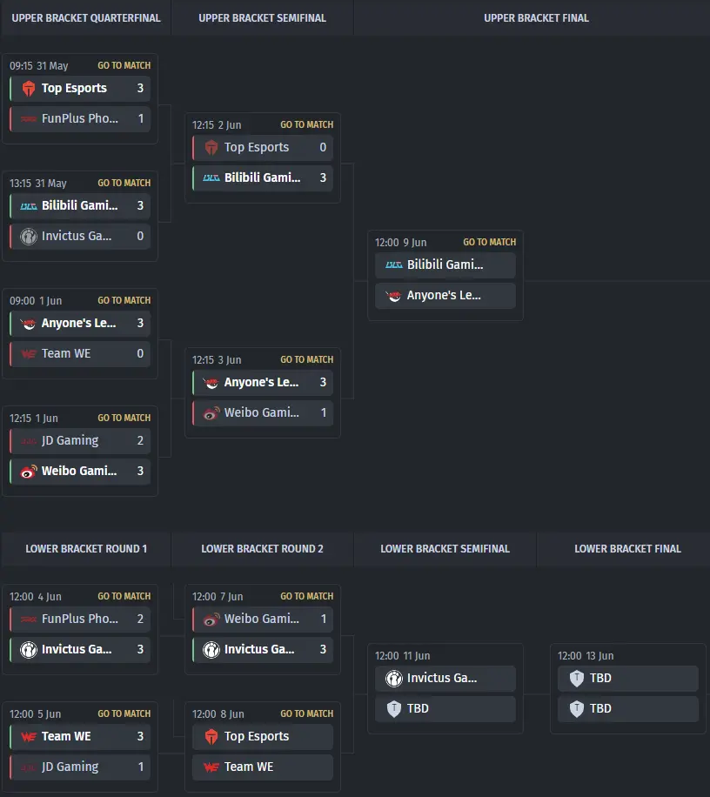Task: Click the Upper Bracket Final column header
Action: (536, 18)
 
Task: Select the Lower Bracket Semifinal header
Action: (445, 549)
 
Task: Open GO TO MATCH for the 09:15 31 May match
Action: (124, 65)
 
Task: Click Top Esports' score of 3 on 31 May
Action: (140, 88)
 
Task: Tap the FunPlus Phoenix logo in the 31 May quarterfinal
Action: (29, 119)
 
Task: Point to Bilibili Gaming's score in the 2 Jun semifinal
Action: (323, 177)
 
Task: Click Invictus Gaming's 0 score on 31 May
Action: (140, 236)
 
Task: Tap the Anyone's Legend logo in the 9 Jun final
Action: (394, 295)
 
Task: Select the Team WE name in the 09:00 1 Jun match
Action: (66, 353)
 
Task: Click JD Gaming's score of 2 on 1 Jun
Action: (140, 440)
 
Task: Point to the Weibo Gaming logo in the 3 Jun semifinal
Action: (211, 412)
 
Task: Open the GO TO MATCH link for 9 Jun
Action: (489, 242)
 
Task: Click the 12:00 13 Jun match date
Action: (586, 656)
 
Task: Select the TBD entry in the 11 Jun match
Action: (418, 708)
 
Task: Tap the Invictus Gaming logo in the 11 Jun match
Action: (394, 679)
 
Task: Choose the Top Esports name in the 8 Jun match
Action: (257, 736)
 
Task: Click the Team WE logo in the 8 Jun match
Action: (211, 767)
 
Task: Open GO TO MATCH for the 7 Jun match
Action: (307, 596)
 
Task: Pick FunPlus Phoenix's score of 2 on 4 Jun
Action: (140, 619)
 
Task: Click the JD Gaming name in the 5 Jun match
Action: (70, 767)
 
